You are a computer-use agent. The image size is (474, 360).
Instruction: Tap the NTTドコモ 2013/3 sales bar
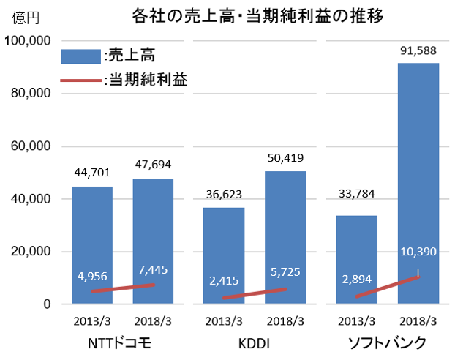click(91, 220)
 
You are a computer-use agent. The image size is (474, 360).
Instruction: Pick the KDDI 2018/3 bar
click(285, 212)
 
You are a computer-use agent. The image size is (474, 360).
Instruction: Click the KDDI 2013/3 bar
click(224, 234)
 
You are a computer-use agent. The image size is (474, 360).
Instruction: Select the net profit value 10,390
click(418, 252)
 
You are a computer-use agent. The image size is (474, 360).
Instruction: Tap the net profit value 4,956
click(91, 276)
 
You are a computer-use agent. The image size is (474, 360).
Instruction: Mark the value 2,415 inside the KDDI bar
click(224, 280)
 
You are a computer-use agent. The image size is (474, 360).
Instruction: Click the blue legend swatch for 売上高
click(80, 56)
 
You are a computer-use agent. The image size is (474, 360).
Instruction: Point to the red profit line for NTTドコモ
click(122, 288)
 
